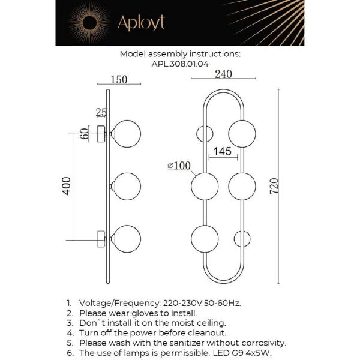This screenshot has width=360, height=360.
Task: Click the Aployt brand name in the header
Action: pyautogui.click(x=141, y=23)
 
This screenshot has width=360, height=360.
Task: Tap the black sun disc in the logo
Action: pyautogui.click(x=89, y=23)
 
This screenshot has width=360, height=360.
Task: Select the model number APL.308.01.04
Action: pyautogui.click(x=180, y=64)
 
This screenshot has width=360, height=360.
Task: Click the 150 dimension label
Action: pyautogui.click(x=119, y=79)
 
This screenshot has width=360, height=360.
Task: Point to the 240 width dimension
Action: pyautogui.click(x=223, y=74)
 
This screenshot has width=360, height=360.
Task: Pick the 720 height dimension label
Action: pyautogui.click(x=274, y=186)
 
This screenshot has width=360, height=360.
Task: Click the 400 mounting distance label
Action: pyautogui.click(x=67, y=186)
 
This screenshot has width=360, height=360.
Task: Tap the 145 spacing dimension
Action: pyautogui.click(x=223, y=151)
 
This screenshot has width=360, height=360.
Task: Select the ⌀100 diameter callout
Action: pyautogui.click(x=179, y=166)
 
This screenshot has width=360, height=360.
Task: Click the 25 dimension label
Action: pyautogui.click(x=101, y=113)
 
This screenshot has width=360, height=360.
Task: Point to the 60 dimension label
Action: pyautogui.click(x=84, y=134)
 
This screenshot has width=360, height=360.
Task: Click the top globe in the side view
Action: pyautogui.click(x=127, y=134)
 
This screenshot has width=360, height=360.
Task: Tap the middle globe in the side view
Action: pyautogui.click(x=127, y=186)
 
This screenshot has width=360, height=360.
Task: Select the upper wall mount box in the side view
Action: pyautogui.click(x=102, y=134)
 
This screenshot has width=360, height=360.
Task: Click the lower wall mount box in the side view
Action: pyautogui.click(x=101, y=239)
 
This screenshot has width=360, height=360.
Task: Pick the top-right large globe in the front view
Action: pyautogui.click(x=242, y=134)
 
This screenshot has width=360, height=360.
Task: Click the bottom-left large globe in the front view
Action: pyautogui.click(x=205, y=239)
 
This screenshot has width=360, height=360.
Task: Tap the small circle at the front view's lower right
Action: pyautogui.click(x=242, y=239)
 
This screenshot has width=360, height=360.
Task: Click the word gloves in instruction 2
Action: pyautogui.click(x=146, y=313)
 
